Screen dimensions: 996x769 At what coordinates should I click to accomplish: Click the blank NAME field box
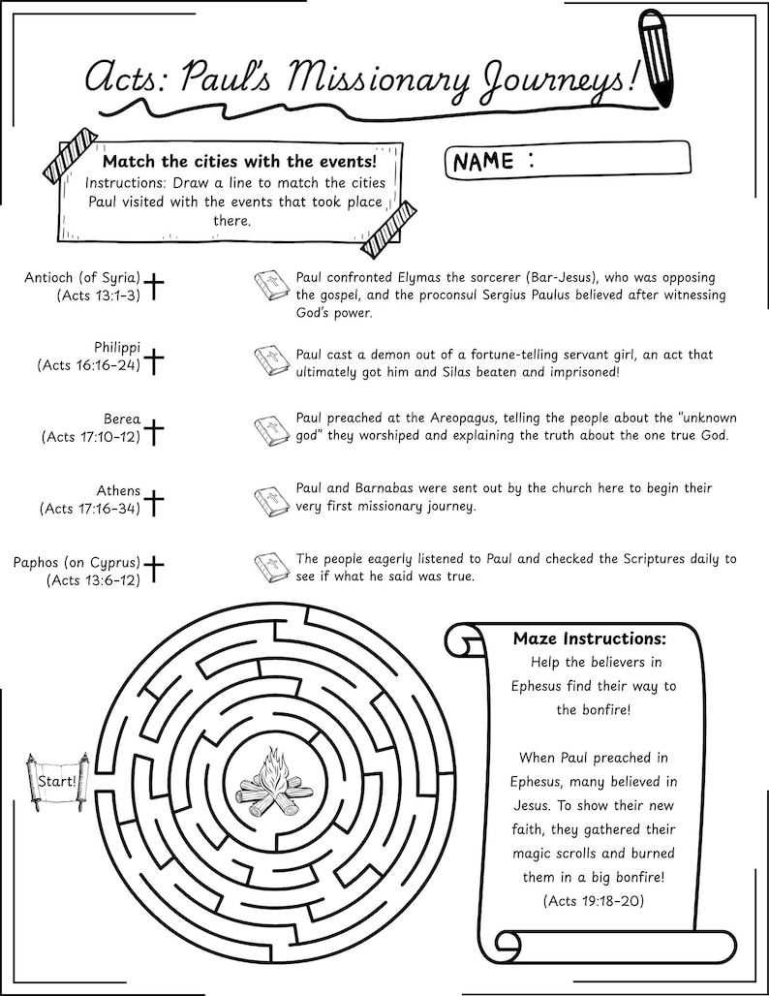(610, 160)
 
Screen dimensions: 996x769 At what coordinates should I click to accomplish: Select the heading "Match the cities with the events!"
(239, 161)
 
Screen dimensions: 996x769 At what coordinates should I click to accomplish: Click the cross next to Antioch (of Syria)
(154, 286)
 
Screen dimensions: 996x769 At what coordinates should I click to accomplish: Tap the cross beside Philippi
(154, 360)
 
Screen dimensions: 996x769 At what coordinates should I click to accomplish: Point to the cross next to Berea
(154, 431)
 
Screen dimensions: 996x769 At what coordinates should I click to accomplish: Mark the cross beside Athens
(154, 502)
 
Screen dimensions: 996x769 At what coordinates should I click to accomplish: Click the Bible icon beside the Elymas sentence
(271, 286)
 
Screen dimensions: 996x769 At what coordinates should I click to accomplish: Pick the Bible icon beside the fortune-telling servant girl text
(271, 360)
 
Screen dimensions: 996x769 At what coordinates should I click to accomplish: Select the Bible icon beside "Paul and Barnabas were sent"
(271, 502)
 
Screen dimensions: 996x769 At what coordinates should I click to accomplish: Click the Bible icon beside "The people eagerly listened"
(271, 568)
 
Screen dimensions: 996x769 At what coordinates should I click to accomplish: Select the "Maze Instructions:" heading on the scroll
(589, 639)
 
